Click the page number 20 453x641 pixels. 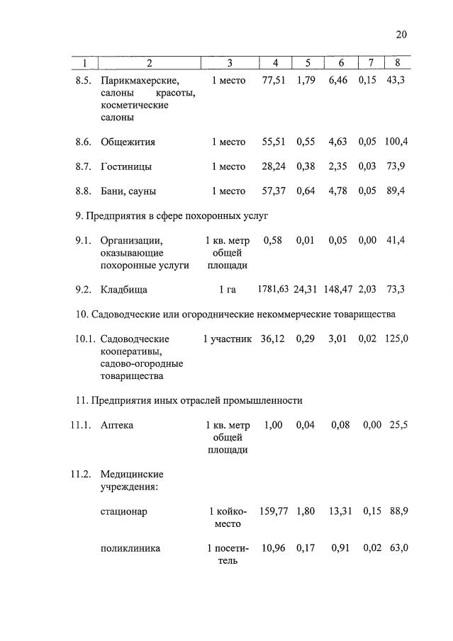pyautogui.click(x=402, y=35)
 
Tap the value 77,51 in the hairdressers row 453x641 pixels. pyautogui.click(x=273, y=81)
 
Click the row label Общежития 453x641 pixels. pyautogui.click(x=128, y=142)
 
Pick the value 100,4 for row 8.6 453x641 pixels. pyautogui.click(x=396, y=142)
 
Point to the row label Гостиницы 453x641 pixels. pyautogui.click(x=126, y=166)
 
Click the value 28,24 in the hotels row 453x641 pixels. pyautogui.click(x=273, y=166)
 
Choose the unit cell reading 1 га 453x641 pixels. pyautogui.click(x=227, y=290)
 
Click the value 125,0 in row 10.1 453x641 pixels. pyautogui.click(x=396, y=339)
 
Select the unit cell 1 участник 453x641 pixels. pyautogui.click(x=227, y=339)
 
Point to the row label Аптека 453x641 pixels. pyautogui.click(x=117, y=425)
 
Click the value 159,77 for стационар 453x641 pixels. pyautogui.click(x=274, y=511)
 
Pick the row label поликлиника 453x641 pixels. pyautogui.click(x=130, y=548)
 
